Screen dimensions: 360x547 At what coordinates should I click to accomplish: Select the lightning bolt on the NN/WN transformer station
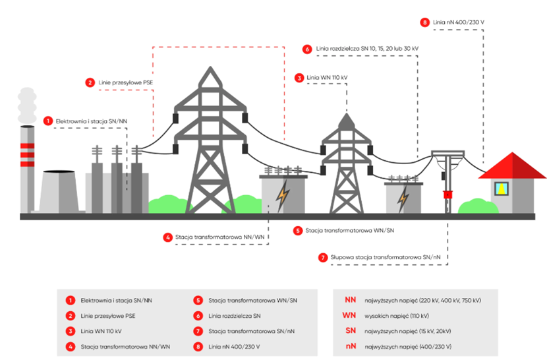tap(283, 195)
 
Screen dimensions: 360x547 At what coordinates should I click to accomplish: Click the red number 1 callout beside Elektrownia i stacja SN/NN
tap(48, 121)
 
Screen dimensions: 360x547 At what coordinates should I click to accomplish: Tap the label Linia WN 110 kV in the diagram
tap(327, 77)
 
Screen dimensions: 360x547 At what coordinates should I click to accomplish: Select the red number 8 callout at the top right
tap(425, 22)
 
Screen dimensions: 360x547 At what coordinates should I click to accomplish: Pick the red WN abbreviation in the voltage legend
tap(350, 315)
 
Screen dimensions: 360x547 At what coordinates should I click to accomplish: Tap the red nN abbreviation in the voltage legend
tap(350, 345)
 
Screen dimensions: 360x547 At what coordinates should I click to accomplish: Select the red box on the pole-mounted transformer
tap(448, 194)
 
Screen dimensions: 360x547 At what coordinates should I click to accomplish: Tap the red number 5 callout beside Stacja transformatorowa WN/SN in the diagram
tap(298, 231)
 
